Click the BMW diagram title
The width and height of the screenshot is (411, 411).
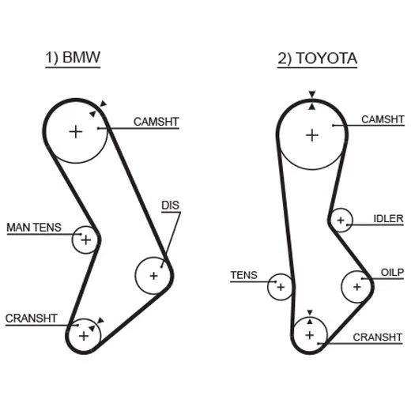click(73, 57)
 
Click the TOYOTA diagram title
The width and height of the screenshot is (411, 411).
click(318, 58)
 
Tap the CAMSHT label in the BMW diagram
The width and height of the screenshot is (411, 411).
click(156, 122)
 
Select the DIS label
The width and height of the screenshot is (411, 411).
click(170, 205)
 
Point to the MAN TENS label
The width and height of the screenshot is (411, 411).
click(34, 228)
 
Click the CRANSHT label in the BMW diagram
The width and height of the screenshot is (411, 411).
click(31, 319)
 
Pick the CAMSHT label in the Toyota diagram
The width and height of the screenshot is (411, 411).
click(383, 119)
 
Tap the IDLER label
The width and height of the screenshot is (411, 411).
click(388, 218)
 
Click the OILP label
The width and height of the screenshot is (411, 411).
click(392, 272)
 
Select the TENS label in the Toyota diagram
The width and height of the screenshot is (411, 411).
click(244, 275)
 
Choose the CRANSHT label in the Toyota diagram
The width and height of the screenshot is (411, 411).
click(378, 337)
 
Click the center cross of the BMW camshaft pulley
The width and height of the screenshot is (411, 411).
click(76, 132)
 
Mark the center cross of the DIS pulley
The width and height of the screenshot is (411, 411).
click(153, 276)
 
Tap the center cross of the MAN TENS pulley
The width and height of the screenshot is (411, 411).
click(85, 239)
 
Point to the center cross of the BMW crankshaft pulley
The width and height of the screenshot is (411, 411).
click(84, 336)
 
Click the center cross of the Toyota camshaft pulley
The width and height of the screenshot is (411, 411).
click(312, 135)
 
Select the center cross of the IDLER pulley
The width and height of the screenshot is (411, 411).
click(341, 221)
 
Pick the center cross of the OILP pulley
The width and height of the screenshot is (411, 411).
click(357, 287)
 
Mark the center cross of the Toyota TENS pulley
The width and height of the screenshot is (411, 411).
click(281, 287)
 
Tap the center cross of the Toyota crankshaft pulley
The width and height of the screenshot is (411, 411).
click(310, 335)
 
